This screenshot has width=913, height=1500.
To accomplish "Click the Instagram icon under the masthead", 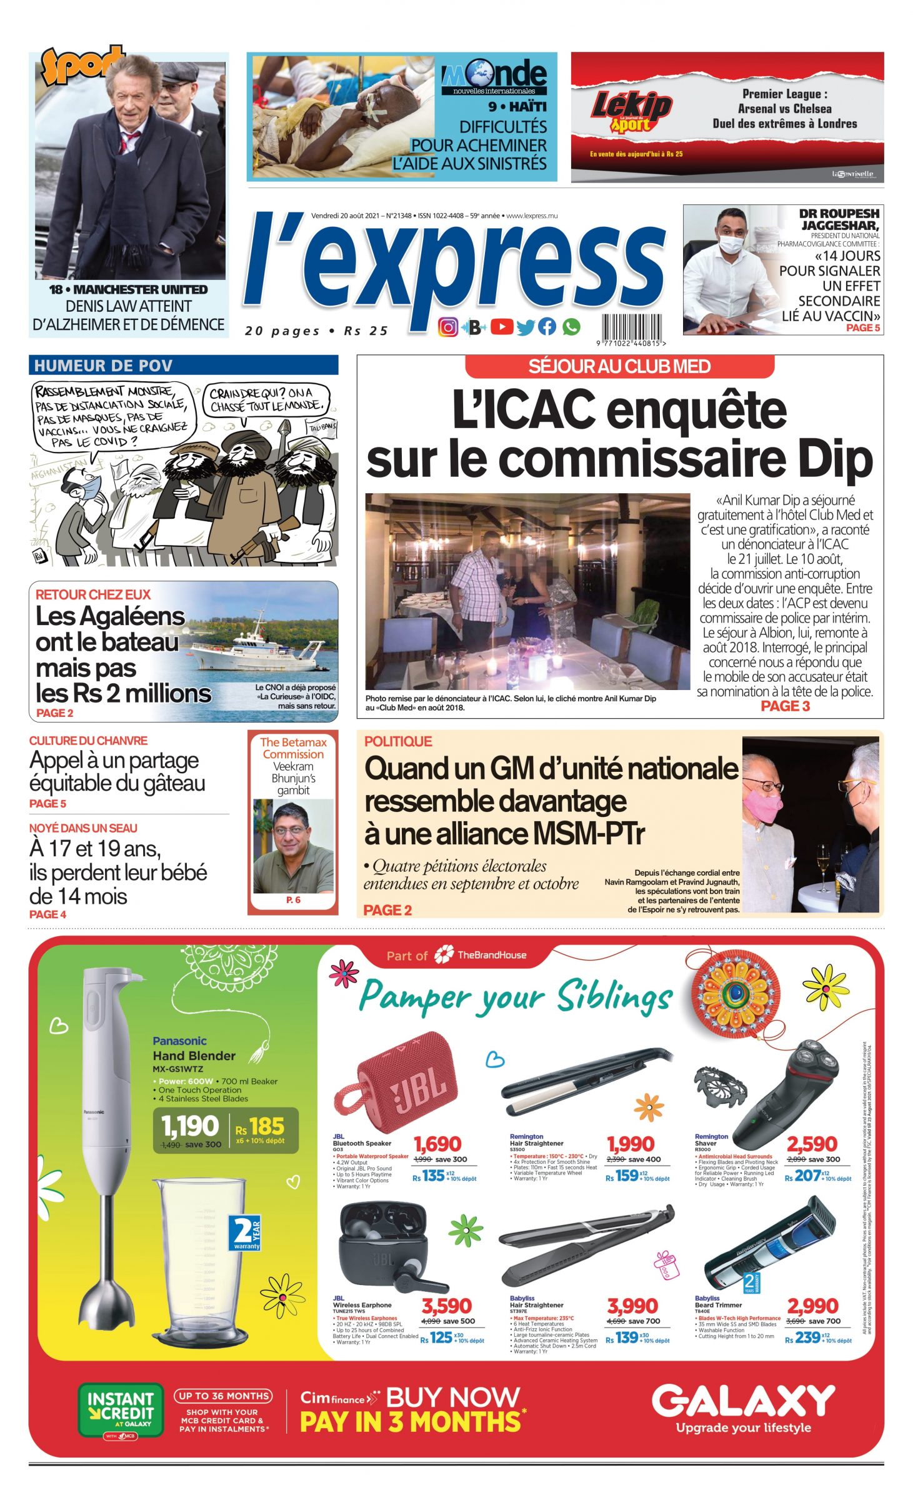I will coord(447,327).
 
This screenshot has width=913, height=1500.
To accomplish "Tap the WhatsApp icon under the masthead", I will coord(571,327).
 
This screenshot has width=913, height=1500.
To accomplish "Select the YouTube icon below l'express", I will coord(502,327).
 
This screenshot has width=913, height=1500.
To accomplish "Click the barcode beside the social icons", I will coord(632,327).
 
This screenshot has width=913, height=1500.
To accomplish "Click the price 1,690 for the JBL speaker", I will coord(437,1144).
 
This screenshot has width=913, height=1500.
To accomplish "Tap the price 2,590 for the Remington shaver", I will coord(812,1144).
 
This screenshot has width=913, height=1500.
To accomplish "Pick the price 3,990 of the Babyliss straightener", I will coord(632,1306).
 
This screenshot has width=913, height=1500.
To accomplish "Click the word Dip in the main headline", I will coord(834,459).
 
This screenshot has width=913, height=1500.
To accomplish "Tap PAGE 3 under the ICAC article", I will coord(785,706).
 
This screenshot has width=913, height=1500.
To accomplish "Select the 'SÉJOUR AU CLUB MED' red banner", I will coord(619,366).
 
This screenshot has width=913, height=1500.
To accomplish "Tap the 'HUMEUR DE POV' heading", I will coord(103,366).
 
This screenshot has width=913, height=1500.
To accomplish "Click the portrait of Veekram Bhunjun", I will coord(293,846).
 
